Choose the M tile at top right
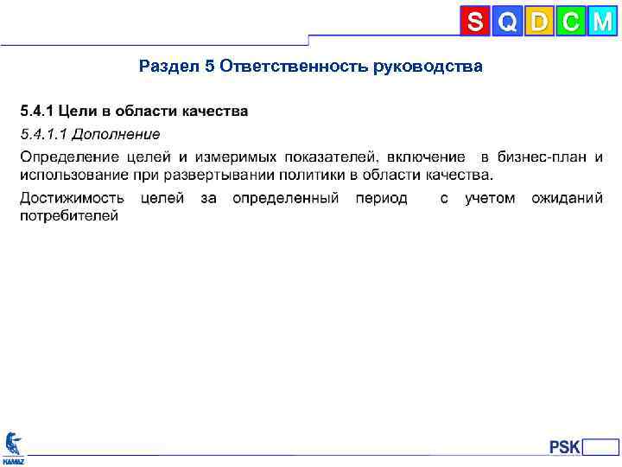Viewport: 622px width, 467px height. [602, 22]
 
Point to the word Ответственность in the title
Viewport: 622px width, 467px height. [293, 67]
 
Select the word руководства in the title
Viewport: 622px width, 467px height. [428, 67]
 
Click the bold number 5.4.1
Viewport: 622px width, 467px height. [36, 112]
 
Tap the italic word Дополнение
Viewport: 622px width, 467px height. [116, 134]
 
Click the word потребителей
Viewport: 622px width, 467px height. [69, 215]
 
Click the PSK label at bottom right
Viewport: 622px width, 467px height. [565, 447]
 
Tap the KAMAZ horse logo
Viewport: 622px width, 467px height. [14, 444]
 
